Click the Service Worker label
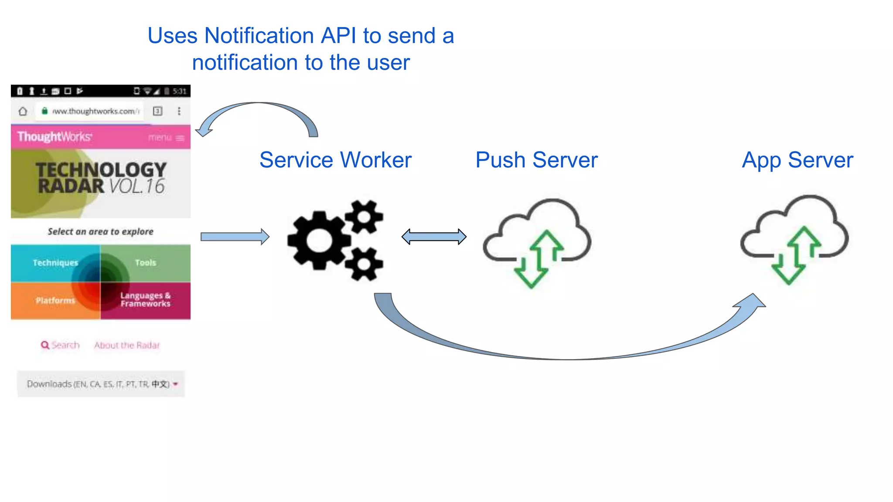coord(335,160)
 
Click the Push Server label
coord(536,160)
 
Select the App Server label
coord(797,160)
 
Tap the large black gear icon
coord(319,240)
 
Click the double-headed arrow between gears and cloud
coord(434,237)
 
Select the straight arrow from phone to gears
coord(235,237)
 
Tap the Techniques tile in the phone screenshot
coord(55,263)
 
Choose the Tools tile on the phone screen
coord(145,263)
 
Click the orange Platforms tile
coord(55,301)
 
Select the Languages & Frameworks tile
coord(145,300)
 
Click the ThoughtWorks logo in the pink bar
coord(55,137)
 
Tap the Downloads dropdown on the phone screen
coord(101,384)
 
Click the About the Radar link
coord(127,345)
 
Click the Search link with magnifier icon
coord(61,345)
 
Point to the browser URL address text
coord(95,111)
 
